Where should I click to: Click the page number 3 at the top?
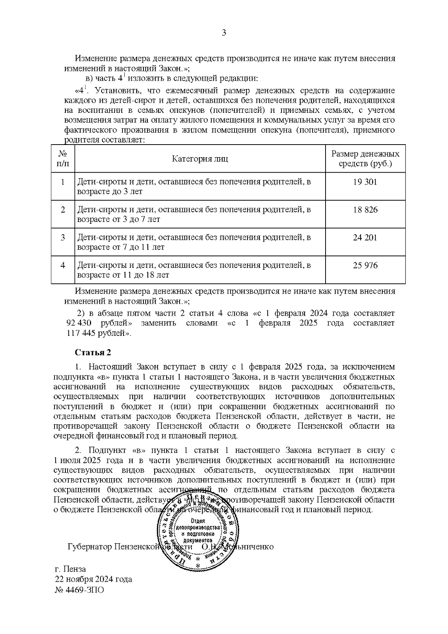(x=224, y=33)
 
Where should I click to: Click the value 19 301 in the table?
(x=365, y=182)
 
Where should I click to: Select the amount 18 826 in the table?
(x=365, y=210)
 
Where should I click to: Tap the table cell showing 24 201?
(x=365, y=238)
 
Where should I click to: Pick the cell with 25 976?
(x=365, y=266)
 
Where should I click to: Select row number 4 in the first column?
(x=63, y=266)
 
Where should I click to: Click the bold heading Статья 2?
(x=93, y=352)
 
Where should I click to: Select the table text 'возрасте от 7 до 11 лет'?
(x=121, y=247)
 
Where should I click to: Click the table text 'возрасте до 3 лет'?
(x=110, y=191)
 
